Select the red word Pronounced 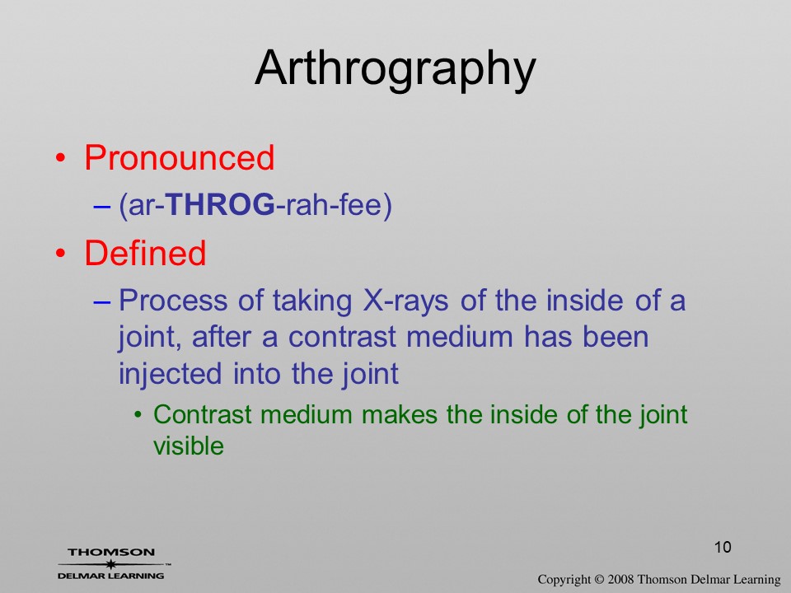[x=179, y=157]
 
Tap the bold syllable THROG [x=220, y=204]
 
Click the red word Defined [x=145, y=253]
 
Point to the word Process [x=173, y=300]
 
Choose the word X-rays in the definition [x=405, y=301]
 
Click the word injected [x=170, y=374]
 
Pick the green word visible [x=189, y=446]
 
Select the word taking [x=312, y=301]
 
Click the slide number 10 [x=723, y=547]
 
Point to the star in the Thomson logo [x=110, y=564]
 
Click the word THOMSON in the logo [x=111, y=552]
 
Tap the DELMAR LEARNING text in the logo [x=110, y=576]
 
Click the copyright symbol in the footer [x=599, y=580]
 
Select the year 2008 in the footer [x=620, y=580]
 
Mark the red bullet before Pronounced [x=60, y=158]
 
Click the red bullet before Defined [x=60, y=253]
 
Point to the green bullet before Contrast [x=138, y=415]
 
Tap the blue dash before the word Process [x=102, y=302]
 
